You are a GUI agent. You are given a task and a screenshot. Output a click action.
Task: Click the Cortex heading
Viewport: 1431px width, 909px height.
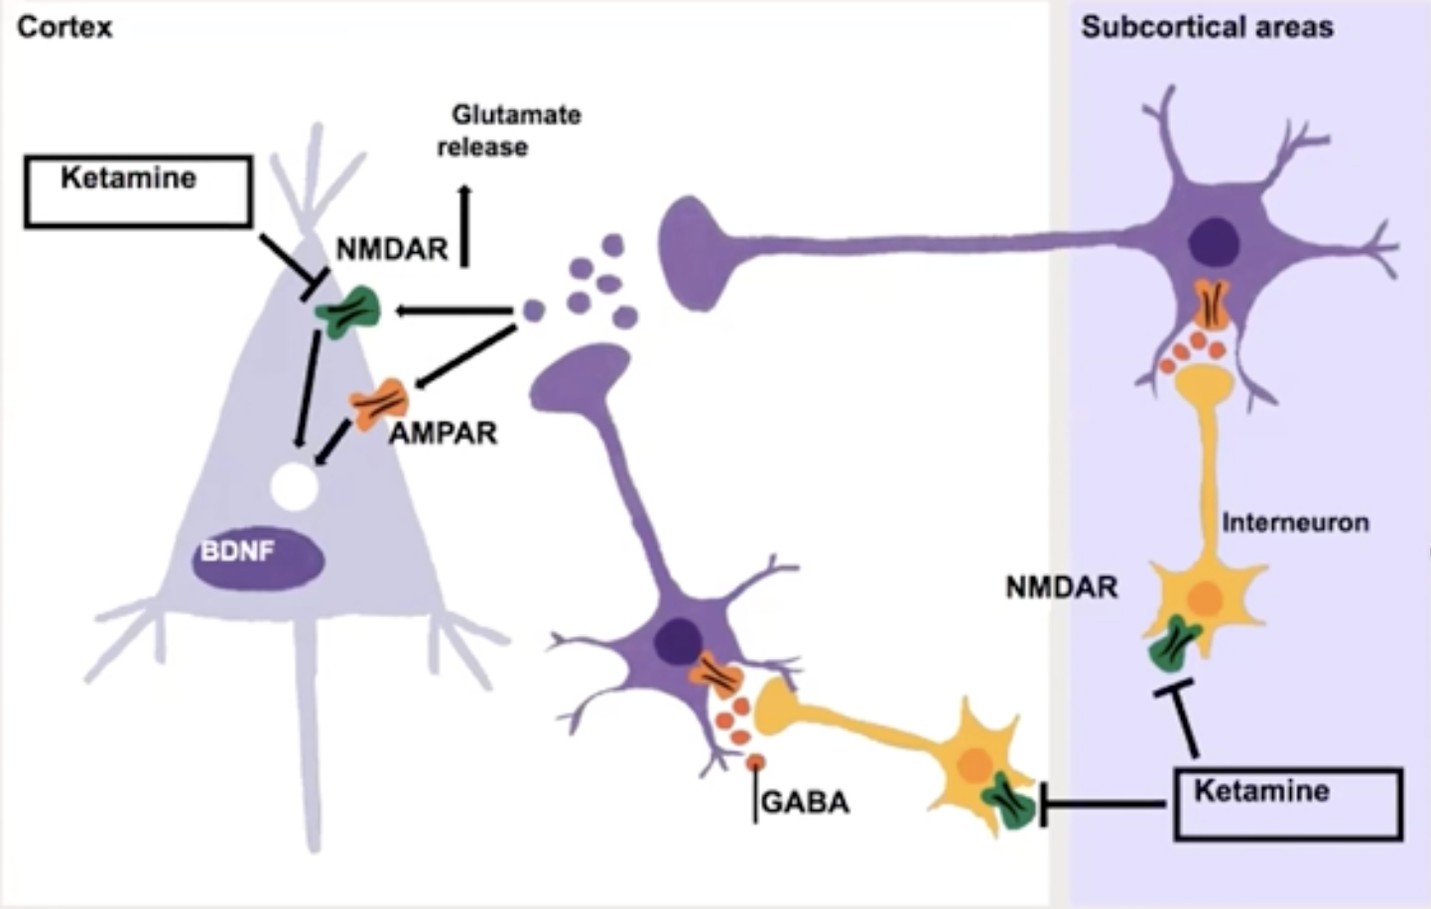pos(65,26)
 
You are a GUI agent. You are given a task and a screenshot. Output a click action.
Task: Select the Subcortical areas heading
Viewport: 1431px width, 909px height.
pos(1207,27)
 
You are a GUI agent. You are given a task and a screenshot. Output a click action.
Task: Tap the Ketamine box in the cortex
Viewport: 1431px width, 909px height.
pos(137,192)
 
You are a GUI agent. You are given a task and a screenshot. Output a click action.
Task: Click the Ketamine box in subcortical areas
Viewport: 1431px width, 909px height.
pos(1287,804)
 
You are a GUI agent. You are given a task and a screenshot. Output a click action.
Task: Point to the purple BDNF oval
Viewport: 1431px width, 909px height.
pos(258,558)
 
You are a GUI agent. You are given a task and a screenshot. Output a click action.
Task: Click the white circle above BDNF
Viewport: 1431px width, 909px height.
pos(295,486)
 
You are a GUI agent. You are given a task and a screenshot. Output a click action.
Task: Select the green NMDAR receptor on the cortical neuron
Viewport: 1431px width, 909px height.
pos(348,312)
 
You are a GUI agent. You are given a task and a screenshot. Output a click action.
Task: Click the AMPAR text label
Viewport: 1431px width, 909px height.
pos(443,434)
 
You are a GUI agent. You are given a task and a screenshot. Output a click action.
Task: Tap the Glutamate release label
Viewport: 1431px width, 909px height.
pos(509,130)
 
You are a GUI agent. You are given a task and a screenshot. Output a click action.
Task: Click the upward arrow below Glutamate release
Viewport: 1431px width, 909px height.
pos(464,226)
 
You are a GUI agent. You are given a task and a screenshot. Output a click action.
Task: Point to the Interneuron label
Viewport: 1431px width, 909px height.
pos(1295,522)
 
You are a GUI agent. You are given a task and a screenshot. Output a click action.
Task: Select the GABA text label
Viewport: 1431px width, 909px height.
pos(805,802)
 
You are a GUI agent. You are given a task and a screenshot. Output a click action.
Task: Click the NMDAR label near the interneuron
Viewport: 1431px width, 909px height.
pos(1062,587)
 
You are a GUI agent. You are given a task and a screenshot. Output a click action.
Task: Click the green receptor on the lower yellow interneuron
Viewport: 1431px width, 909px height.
pos(1008,799)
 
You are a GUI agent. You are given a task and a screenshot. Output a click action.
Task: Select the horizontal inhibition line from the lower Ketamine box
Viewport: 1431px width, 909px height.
pos(1102,804)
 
